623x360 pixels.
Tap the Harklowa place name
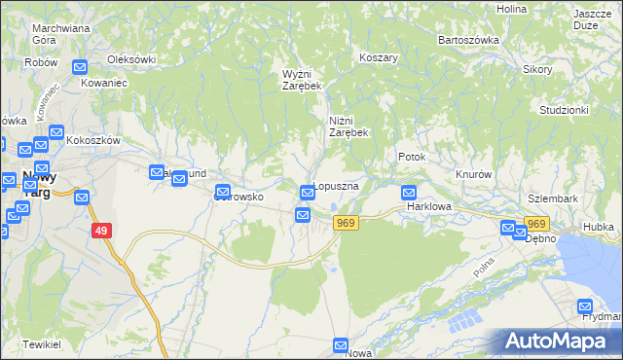tap(430, 207)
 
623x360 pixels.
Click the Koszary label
tap(380, 57)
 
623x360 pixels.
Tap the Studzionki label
tap(565, 110)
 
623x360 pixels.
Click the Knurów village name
tap(474, 174)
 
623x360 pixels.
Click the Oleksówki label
tap(131, 59)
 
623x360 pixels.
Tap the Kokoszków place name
tap(94, 140)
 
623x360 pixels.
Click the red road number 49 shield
tap(101, 231)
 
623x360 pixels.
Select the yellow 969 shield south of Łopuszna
tap(346, 223)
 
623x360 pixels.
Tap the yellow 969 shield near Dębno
tap(537, 225)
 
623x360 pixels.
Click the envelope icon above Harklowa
tap(409, 193)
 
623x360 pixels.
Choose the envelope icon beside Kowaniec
tap(80, 67)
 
